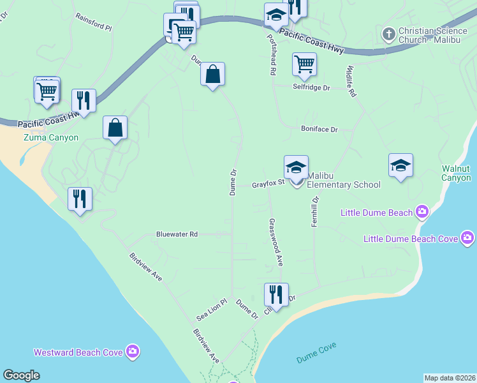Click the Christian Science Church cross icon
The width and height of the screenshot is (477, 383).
tap(388, 32)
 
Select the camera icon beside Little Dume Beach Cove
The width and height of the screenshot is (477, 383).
tap(467, 239)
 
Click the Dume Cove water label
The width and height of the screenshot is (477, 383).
tap(316, 353)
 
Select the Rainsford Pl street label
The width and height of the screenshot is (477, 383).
tap(93, 23)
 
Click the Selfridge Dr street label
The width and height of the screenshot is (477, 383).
tap(311, 87)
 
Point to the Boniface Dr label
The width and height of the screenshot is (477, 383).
tap(319, 129)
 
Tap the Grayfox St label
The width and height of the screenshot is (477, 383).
tap(267, 185)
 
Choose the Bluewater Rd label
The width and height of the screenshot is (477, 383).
tap(177, 234)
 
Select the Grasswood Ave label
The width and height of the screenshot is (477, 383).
tap(275, 243)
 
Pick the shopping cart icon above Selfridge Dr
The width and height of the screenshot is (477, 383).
tap(304, 64)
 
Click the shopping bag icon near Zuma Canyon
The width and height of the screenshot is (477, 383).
tap(115, 128)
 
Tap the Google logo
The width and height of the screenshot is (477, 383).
tap(22, 375)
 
